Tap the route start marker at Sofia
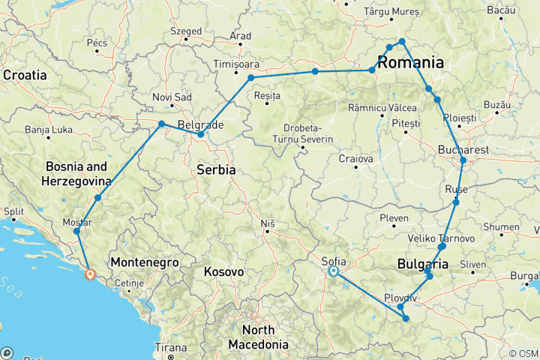[334, 272]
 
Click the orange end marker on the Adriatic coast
[89, 274]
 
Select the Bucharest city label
[463, 150]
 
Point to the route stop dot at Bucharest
[463, 160]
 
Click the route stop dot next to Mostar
[76, 231]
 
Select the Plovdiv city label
[400, 298]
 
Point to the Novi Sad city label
[172, 97]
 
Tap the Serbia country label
[216, 170]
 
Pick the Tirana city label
[171, 347]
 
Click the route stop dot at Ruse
[455, 202]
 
